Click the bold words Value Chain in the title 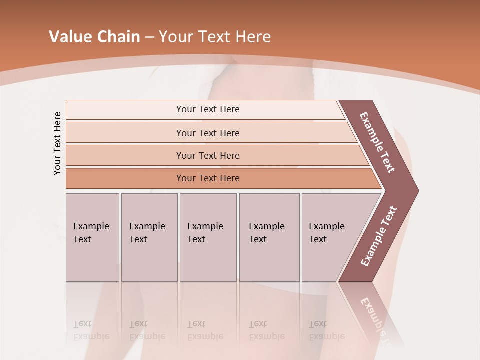(x=94, y=37)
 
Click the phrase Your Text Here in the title (x=215, y=37)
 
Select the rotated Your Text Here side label (x=57, y=144)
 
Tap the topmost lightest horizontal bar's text (x=208, y=109)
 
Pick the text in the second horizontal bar (x=208, y=133)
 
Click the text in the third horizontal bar (x=208, y=156)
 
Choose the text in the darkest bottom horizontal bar (x=208, y=178)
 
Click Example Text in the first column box (x=91, y=233)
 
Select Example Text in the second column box (x=147, y=233)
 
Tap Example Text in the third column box (x=205, y=233)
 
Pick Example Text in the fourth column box (x=266, y=233)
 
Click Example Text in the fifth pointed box (x=326, y=233)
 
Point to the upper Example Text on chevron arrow (x=377, y=142)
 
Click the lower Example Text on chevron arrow (x=379, y=236)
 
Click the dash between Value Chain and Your (x=149, y=37)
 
